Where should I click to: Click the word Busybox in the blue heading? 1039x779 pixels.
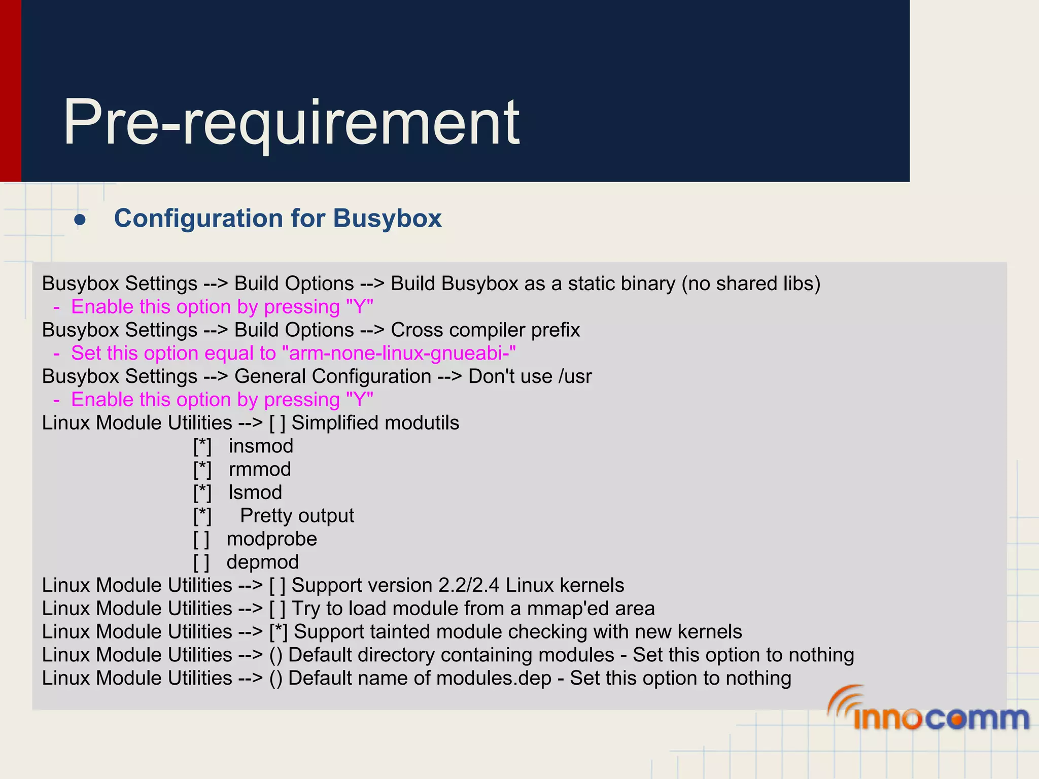coord(387,219)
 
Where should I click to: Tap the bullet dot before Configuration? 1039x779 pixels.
coord(80,220)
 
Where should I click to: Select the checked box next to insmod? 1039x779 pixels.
coord(202,446)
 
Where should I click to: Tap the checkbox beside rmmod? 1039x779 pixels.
coord(202,470)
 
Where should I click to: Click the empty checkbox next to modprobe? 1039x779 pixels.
coord(201,539)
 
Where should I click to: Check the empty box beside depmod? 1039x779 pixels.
coord(201,562)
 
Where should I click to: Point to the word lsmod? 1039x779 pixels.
coord(255,492)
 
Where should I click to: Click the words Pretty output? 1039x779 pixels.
coord(297,516)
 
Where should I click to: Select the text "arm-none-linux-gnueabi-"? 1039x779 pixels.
coord(402,353)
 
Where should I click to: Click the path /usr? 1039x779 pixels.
coord(575,377)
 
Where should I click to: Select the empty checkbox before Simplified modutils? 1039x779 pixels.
coord(278,423)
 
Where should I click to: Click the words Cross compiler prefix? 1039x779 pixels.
coord(485,330)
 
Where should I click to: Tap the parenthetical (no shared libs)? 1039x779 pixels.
coord(751,284)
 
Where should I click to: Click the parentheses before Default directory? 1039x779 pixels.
coord(275,655)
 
